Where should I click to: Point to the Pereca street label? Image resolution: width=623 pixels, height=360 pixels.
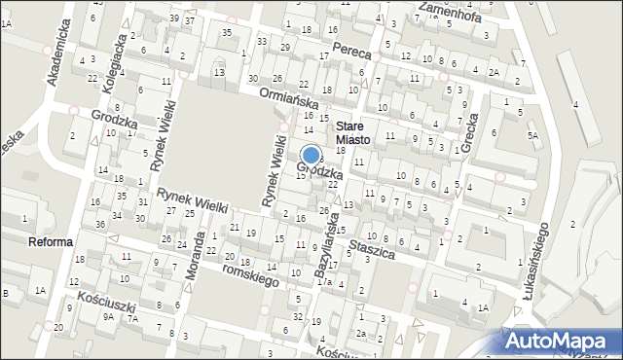[x=351, y=49]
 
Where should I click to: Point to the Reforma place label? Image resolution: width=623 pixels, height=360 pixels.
[x=51, y=242]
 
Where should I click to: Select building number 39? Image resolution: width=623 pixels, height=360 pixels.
[x=173, y=18]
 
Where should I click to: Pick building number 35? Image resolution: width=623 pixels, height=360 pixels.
[x=227, y=32]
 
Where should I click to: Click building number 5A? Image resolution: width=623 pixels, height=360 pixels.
[x=532, y=135]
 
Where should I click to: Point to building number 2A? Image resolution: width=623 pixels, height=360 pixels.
[x=494, y=72]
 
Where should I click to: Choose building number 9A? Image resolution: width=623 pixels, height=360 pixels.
[x=109, y=316]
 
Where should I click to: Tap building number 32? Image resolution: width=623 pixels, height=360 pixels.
[x=297, y=317]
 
